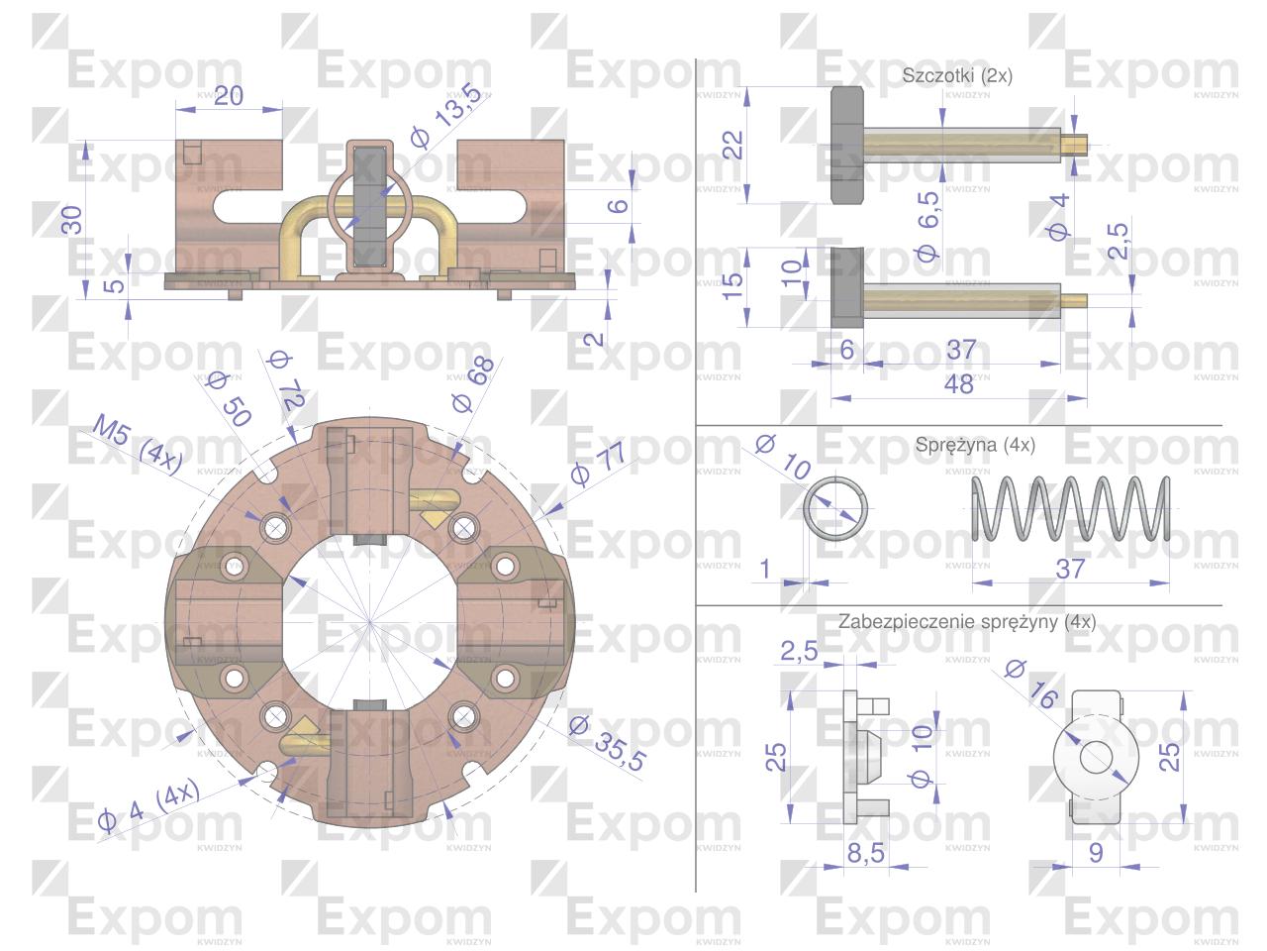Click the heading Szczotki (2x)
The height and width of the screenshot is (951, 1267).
point(957,75)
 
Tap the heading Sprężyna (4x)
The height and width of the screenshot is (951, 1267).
point(975,445)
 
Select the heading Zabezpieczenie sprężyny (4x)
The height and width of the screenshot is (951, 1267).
point(967,622)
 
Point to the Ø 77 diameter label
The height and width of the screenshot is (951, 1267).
point(598,463)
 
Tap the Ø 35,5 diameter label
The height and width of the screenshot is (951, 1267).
point(607,743)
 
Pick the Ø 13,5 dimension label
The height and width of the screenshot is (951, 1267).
point(446,115)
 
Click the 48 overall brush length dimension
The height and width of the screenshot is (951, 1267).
point(959,384)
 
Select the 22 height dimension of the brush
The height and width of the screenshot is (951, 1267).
point(733,145)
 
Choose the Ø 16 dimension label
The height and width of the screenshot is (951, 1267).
point(1031,685)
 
